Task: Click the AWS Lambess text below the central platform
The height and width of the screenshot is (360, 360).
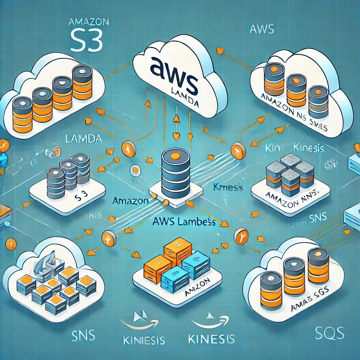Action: (185, 222)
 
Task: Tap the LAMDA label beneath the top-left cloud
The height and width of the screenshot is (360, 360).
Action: (84, 139)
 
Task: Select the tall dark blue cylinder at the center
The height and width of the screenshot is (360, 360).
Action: (176, 172)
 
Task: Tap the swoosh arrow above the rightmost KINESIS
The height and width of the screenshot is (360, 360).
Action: (210, 322)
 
